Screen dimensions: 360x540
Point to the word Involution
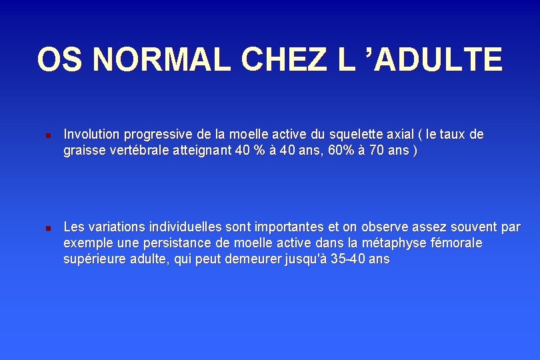91,134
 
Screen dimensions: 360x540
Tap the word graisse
84,151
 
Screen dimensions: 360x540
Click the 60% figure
342,151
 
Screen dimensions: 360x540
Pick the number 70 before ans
379,151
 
